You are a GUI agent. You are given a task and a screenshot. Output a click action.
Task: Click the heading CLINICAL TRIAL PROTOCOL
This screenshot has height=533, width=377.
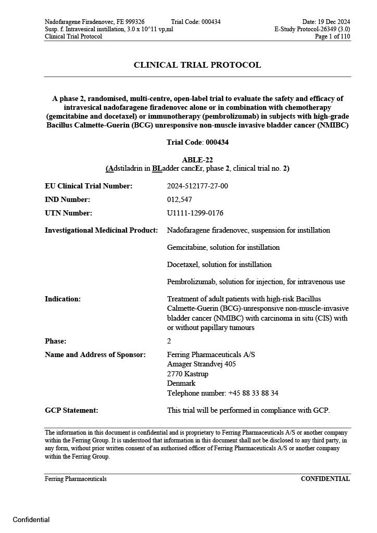tap(197, 65)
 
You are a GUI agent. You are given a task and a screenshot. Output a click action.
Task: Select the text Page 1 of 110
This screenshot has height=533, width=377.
tap(333, 36)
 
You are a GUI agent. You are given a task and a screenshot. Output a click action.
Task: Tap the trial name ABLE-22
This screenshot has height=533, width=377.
tap(197, 160)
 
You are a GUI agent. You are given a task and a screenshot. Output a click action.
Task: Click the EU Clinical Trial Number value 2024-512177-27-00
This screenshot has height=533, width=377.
tap(197, 186)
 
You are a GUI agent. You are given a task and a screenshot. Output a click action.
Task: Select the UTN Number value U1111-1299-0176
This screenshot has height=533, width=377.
tap(195, 213)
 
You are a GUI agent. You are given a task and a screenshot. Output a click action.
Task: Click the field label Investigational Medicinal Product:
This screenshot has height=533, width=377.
tap(101, 230)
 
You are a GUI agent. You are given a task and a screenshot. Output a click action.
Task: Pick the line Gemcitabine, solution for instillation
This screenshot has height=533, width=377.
tap(223, 247)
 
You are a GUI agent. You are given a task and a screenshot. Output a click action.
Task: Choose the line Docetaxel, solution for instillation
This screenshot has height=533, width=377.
tap(219, 264)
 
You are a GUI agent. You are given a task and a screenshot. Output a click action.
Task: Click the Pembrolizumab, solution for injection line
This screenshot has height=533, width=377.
tap(256, 282)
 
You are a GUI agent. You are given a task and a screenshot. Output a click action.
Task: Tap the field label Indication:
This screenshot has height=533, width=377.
tap(62, 299)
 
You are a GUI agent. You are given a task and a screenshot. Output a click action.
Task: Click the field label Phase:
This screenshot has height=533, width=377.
tap(55, 341)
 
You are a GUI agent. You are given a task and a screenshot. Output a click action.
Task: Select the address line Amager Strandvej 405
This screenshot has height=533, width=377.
tap(201, 364)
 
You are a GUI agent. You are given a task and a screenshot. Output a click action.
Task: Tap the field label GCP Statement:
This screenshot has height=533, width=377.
tap(71, 410)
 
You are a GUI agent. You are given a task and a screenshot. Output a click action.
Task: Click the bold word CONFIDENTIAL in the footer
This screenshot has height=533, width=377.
tap(325, 479)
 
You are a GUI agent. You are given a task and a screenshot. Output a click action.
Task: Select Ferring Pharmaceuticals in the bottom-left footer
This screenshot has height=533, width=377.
tap(76, 479)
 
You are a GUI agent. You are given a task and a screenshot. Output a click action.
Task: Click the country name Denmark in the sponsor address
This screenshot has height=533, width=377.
tap(181, 383)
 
